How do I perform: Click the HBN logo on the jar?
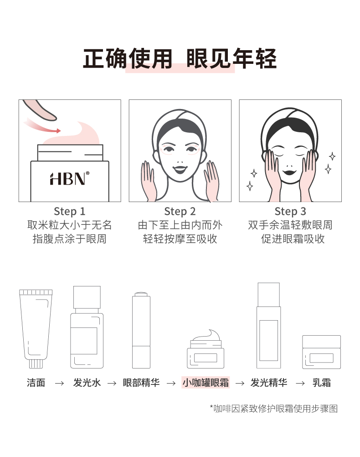point(69,178)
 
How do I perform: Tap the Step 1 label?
point(70,211)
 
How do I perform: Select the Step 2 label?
point(180,211)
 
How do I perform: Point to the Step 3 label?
point(290,211)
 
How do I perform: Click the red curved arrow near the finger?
point(42,126)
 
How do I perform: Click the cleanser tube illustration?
point(36,328)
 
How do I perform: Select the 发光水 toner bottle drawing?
point(87,327)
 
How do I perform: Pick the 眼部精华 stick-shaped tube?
point(141,330)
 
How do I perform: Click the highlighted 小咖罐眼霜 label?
point(206,382)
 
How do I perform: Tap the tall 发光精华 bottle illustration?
point(268,326)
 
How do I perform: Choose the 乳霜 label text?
point(322,382)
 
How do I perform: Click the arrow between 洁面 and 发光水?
point(59,383)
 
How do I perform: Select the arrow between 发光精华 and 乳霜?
point(300,383)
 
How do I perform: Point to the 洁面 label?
point(36,382)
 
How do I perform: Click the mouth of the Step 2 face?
point(180,169)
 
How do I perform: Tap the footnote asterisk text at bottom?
point(273,409)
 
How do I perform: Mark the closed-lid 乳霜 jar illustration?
point(321,352)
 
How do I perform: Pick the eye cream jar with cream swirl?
point(206,349)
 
